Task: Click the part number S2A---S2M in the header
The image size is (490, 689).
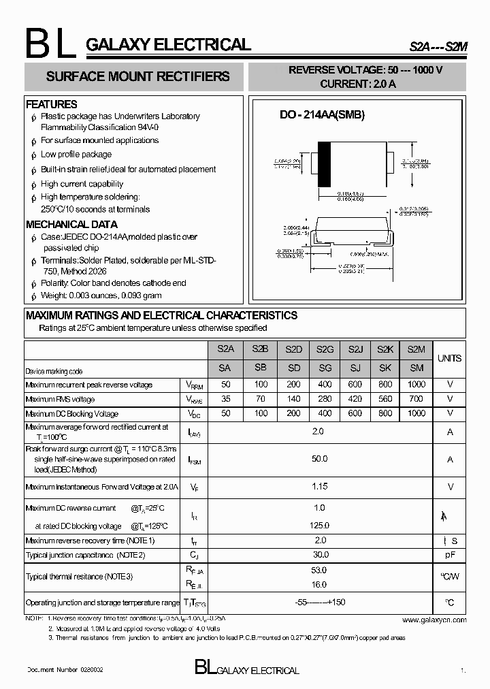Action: tap(438, 46)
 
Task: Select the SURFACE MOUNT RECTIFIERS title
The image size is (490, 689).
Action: tap(137, 77)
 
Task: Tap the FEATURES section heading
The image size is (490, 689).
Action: tap(52, 104)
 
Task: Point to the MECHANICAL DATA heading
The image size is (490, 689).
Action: tap(71, 224)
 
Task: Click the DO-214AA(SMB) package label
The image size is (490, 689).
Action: tap(323, 115)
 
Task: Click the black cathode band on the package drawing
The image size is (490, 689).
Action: tap(325, 164)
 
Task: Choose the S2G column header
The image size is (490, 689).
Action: tap(325, 349)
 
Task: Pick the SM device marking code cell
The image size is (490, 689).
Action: tap(416, 368)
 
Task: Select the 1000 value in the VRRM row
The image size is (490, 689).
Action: tap(416, 385)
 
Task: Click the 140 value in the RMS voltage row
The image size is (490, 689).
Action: tap(294, 399)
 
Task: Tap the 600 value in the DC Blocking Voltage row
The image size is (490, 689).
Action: tap(355, 413)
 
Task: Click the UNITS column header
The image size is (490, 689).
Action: tap(449, 358)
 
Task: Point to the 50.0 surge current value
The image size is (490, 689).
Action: tap(319, 460)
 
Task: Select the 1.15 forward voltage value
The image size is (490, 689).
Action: tap(319, 486)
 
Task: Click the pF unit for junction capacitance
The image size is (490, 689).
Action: tap(450, 555)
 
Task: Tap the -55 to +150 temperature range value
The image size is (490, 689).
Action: tap(320, 603)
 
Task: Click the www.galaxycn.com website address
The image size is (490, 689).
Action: tap(434, 620)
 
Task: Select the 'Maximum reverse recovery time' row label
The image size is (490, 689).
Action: tap(90, 541)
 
